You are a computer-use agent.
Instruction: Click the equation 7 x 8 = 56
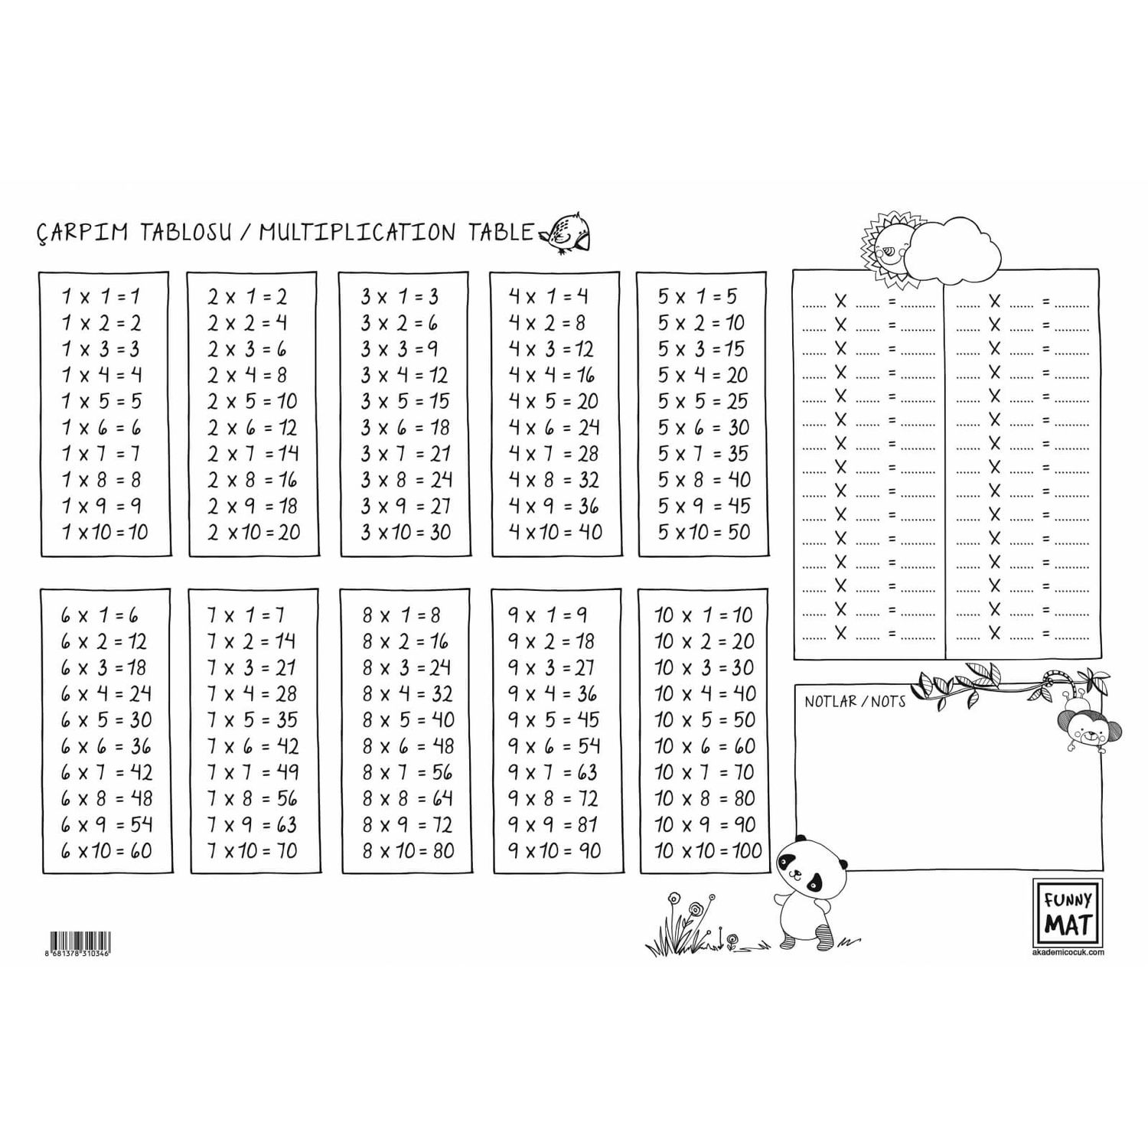pyautogui.click(x=253, y=798)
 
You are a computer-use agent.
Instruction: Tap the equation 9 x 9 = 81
pyautogui.click(x=553, y=824)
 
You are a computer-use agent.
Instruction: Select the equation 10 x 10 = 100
pyautogui.click(x=709, y=850)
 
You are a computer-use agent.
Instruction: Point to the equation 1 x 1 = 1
pyautogui.click(x=101, y=296)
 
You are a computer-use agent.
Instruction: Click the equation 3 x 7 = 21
pyautogui.click(x=406, y=454)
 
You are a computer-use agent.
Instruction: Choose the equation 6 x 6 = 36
pyautogui.click(x=106, y=746)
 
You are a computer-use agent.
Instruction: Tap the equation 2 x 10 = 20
pyautogui.click(x=253, y=532)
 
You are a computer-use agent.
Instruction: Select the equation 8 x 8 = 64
pyautogui.click(x=408, y=798)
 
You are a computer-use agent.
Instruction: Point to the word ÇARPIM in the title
pyautogui.click(x=83, y=232)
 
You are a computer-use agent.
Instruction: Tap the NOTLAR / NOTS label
pyautogui.click(x=855, y=701)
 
